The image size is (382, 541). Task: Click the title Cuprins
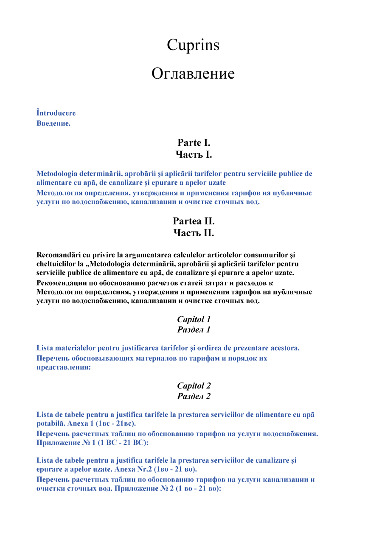pos(193,45)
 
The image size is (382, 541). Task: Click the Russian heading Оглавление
pos(193,74)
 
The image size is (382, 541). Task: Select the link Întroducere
pos(56,113)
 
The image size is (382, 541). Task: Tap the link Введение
pos(53,124)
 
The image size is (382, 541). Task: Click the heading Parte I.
pos(194,143)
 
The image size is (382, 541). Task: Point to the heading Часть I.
pos(194,155)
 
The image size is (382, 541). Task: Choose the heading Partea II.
pos(194,221)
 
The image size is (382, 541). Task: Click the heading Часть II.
pos(194,233)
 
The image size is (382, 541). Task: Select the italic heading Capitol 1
pos(194,319)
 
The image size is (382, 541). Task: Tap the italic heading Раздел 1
pos(194,330)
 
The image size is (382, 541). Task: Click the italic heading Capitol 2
pos(194,386)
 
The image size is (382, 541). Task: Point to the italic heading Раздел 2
pos(194,397)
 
